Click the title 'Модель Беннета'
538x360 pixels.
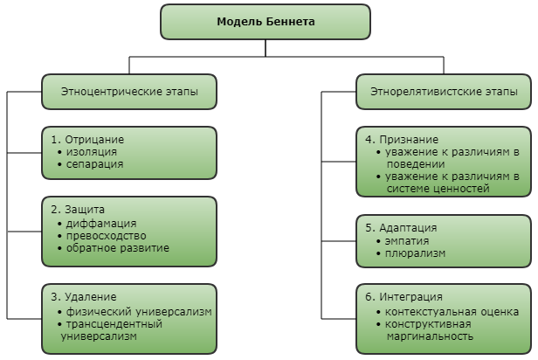point(266,22)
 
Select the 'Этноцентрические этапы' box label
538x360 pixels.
point(129,92)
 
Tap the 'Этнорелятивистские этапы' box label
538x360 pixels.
point(444,92)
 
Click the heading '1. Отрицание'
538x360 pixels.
point(87,140)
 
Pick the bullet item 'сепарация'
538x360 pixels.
point(94,164)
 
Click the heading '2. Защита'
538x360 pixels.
point(78,210)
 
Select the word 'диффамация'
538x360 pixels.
point(101,224)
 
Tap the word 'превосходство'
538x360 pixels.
point(106,236)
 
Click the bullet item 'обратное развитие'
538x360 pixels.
point(118,248)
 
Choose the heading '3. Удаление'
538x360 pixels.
point(84,297)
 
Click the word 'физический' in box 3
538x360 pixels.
point(99,312)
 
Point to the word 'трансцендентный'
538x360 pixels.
point(114,324)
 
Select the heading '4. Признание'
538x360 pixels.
point(402,140)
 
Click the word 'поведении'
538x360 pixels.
point(416,164)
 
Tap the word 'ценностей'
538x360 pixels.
point(461,189)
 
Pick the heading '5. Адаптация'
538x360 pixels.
point(401,228)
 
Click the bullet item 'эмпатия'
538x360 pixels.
point(407,241)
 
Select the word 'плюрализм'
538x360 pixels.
point(415,253)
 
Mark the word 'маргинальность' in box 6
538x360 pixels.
point(430,336)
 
